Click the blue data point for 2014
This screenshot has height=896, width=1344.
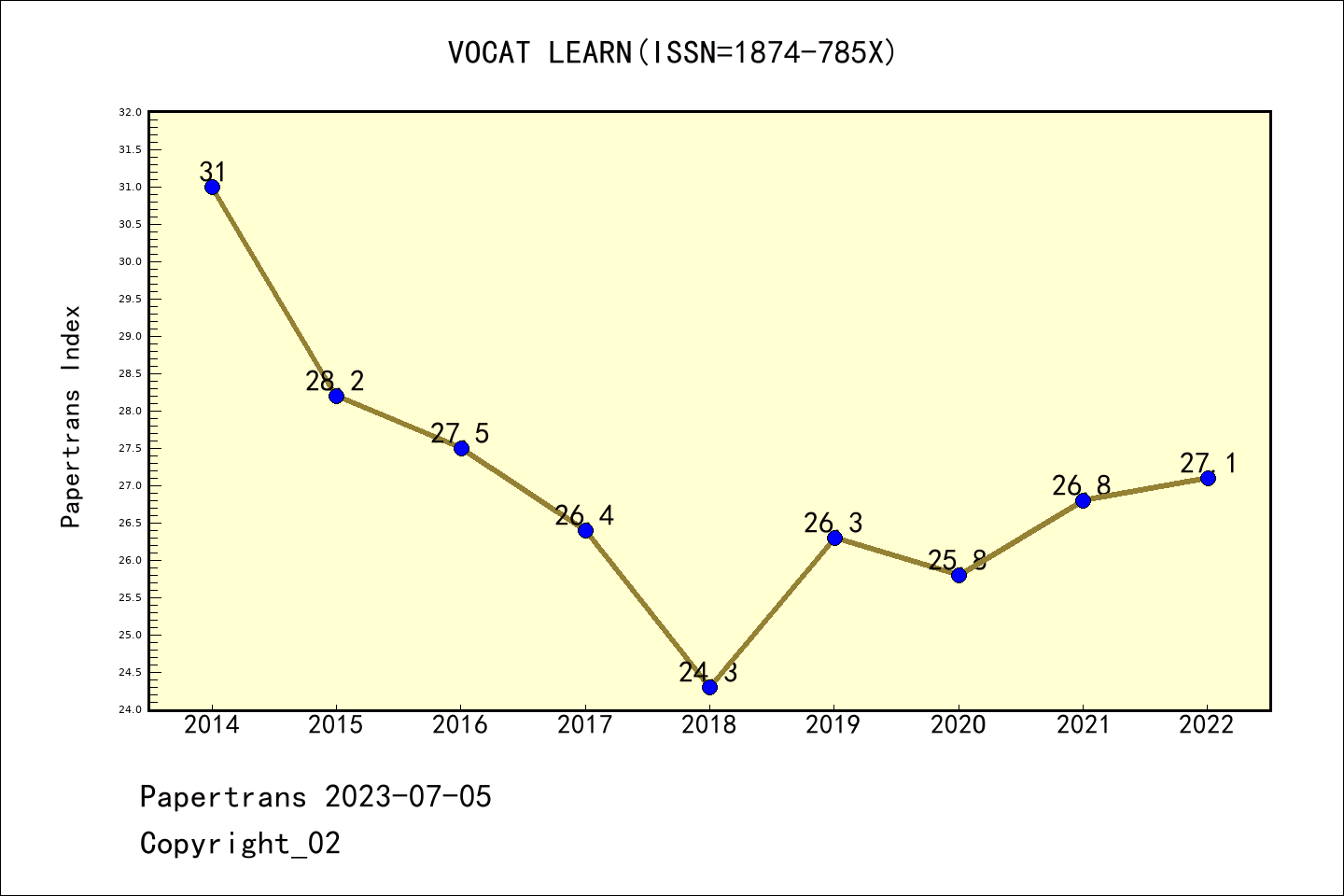coord(212,187)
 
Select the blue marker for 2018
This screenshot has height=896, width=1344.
coord(709,687)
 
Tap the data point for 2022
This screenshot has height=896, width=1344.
coord(1208,478)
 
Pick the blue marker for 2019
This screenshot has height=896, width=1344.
coord(834,538)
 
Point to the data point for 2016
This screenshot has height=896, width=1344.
coord(461,448)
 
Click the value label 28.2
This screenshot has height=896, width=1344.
coord(335,381)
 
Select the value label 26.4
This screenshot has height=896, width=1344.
coord(584,515)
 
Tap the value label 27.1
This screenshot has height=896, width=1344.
coord(1208,463)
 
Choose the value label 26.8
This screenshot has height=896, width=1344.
coord(1082,485)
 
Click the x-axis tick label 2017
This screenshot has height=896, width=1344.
coord(585,725)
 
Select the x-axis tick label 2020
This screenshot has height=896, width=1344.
coord(959,725)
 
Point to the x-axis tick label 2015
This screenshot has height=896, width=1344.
coord(336,725)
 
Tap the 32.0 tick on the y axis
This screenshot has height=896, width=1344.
coord(131,112)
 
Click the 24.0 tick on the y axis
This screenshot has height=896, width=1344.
coord(131,709)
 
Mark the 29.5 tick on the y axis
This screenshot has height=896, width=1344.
coord(131,299)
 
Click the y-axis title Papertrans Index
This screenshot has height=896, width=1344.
coord(71,416)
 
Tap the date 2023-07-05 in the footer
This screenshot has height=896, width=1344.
coord(408,797)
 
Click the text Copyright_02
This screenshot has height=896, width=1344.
coord(240,844)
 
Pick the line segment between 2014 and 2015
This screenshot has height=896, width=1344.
coord(274,291)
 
